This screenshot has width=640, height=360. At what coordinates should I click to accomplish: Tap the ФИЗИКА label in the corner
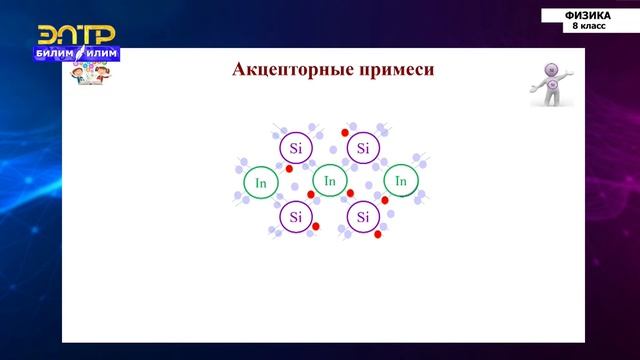coord(588,15)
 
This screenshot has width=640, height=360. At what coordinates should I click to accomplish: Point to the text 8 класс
coord(588,25)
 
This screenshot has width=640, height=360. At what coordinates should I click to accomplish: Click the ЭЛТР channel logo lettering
coord(75,34)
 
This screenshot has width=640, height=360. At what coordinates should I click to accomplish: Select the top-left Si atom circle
coord(295,148)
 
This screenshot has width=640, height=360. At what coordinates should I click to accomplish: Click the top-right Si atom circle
coord(362,148)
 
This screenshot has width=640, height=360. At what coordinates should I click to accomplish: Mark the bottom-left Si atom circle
coord(295,216)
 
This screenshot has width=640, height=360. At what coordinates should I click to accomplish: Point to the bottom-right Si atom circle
coord(362,216)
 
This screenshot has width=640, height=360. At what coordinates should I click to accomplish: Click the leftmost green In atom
coord(261,182)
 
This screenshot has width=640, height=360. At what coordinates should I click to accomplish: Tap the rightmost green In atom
coord(400,181)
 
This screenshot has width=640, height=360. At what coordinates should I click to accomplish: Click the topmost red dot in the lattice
coord(345,132)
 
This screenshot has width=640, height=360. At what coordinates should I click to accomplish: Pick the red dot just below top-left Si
coord(289,169)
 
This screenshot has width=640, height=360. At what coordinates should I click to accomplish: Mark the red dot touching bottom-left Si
coord(315,227)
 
